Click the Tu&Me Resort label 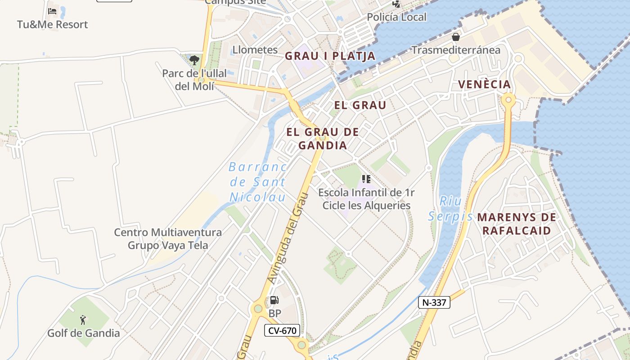point(53,24)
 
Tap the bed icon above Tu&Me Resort point(52,11)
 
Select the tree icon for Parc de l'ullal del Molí point(194,60)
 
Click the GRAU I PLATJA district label point(330,56)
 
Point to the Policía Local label point(396,17)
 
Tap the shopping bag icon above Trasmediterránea point(456,36)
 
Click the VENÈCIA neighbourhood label point(484,84)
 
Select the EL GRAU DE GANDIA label point(323,139)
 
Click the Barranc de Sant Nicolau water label point(258,182)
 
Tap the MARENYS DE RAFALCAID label point(517,224)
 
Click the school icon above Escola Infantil point(366,179)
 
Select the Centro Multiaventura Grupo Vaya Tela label point(168,239)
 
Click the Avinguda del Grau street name point(287,238)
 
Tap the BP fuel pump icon point(274,300)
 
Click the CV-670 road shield point(282,331)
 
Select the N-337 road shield point(434,302)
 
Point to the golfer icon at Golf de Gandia point(83,320)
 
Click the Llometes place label point(255,49)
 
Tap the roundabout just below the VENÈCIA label point(509,99)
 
